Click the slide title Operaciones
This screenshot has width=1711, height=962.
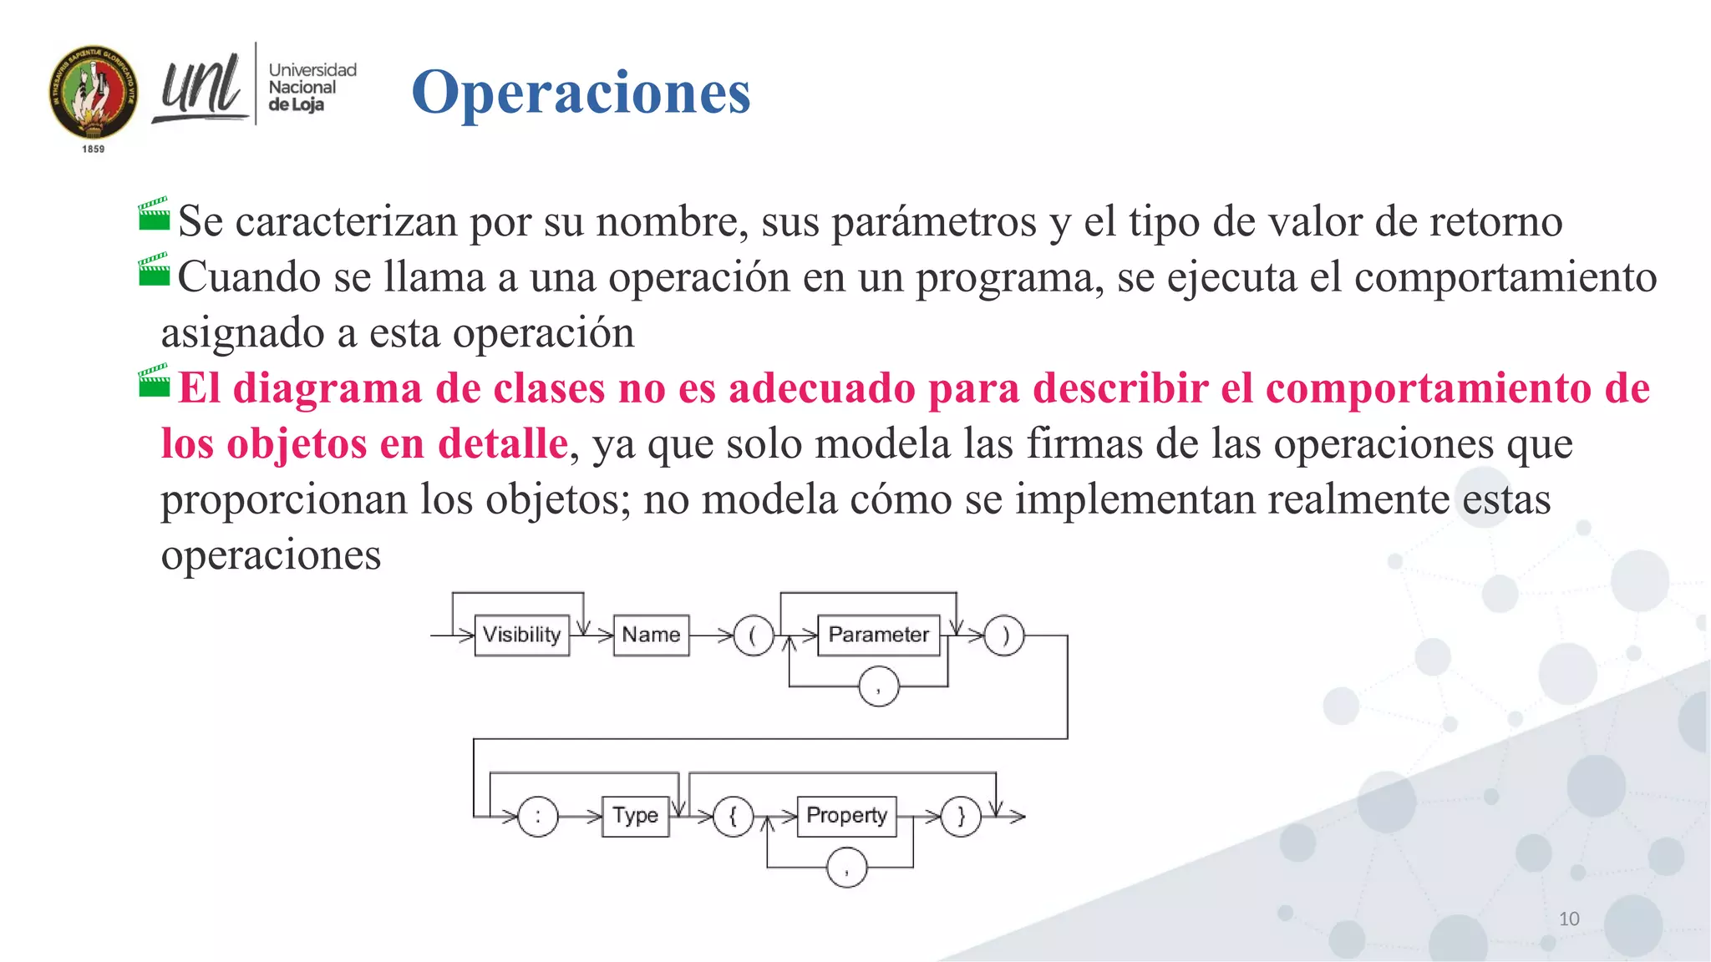pos(581,92)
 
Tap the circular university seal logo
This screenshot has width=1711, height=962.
pos(94,93)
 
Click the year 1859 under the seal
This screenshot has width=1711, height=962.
pos(94,149)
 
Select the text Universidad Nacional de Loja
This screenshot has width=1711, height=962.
pos(312,87)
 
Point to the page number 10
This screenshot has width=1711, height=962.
pos(1569,919)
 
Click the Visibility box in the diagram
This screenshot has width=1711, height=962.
pos(522,635)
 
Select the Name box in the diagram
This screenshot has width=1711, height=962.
pos(651,635)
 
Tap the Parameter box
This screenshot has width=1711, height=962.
pos(878,635)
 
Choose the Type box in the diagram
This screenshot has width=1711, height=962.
pos(635,816)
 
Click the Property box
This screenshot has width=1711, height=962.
pos(846,816)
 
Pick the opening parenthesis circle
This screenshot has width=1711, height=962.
pos(753,635)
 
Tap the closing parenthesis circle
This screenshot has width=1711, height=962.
pos(1004,635)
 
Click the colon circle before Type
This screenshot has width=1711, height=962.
pos(537,816)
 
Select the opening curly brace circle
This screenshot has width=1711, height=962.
pos(734,816)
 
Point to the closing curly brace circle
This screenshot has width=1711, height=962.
pos(961,816)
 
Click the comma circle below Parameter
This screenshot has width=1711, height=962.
pos(878,686)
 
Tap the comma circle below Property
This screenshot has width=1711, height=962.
pos(846,868)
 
